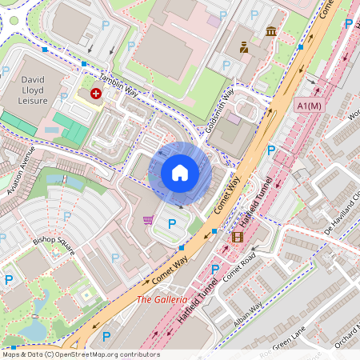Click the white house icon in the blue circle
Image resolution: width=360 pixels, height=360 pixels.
point(180,172)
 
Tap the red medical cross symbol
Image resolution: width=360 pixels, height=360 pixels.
point(96,94)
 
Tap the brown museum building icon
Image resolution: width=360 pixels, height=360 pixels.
point(271,31)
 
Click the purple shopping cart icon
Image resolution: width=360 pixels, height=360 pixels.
point(148,220)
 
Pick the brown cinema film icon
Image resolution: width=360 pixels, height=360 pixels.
point(237,236)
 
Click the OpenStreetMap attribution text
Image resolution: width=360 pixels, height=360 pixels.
point(80,354)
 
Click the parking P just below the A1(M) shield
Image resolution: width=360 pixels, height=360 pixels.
point(271,150)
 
